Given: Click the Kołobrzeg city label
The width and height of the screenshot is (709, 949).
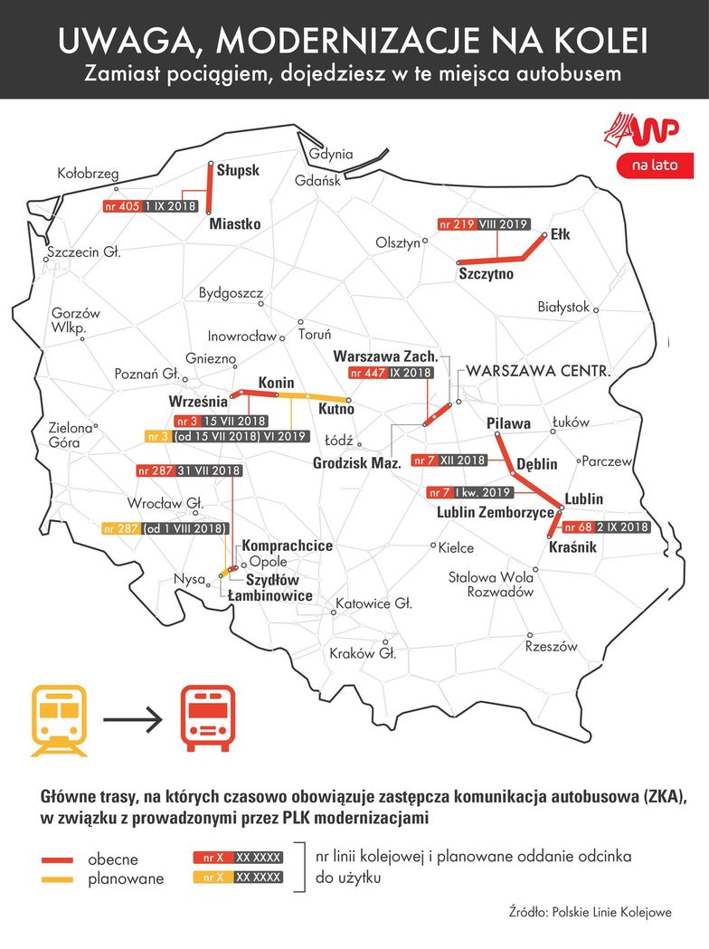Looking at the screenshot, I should (88, 173).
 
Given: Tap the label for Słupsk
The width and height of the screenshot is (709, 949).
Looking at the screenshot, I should (238, 170).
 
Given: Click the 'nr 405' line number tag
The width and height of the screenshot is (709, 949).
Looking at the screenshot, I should (122, 206).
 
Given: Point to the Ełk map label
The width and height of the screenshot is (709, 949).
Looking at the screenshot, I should (560, 234).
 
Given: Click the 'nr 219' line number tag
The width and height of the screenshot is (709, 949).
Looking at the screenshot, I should (457, 224).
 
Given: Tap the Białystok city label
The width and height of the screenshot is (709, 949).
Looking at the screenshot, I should (562, 307).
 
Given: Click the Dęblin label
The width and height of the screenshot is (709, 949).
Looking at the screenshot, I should (536, 464).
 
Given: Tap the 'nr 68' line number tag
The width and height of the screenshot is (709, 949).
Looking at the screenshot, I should (578, 527).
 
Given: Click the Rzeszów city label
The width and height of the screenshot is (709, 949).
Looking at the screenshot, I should (551, 647).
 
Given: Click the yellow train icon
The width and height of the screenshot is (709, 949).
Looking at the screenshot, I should (60, 719).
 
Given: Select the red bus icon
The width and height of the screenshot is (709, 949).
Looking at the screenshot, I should (207, 719).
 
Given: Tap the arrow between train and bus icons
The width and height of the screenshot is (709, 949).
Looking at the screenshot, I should (132, 721).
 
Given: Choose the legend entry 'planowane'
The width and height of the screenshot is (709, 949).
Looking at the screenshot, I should (126, 878).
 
